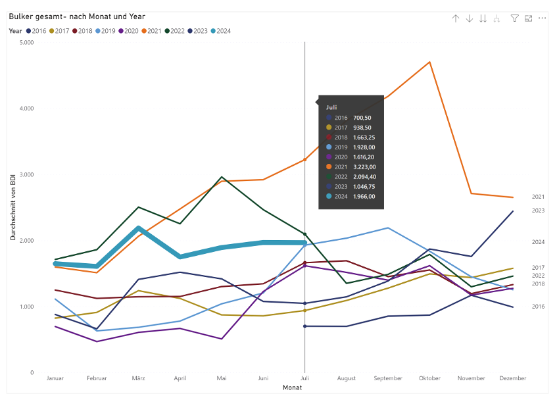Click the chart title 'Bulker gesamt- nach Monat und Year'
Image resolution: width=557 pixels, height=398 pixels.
[x=77, y=16]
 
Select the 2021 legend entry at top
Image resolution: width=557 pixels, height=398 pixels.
[x=154, y=31]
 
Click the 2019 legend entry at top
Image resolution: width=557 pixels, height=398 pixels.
[x=107, y=31]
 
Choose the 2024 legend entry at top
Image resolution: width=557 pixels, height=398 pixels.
[x=222, y=31]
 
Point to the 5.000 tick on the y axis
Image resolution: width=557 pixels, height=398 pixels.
[x=26, y=42]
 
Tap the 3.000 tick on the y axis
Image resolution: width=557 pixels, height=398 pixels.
[x=26, y=175]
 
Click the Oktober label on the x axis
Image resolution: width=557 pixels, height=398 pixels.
[x=429, y=378]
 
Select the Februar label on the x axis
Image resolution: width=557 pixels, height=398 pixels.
[x=97, y=378]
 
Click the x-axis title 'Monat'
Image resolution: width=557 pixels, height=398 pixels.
[x=292, y=388]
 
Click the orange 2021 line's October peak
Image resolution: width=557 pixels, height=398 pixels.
[x=429, y=62]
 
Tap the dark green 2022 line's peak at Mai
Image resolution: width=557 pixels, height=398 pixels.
[x=222, y=177]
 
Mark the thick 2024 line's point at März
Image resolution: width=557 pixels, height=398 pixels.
[x=138, y=228]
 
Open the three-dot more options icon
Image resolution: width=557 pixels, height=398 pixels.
[x=543, y=18]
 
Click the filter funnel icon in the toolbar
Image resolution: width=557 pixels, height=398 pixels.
[x=515, y=18]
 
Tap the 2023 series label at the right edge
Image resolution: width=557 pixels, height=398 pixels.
[x=538, y=211]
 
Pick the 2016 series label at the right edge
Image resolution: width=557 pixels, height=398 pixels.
[x=538, y=307]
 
